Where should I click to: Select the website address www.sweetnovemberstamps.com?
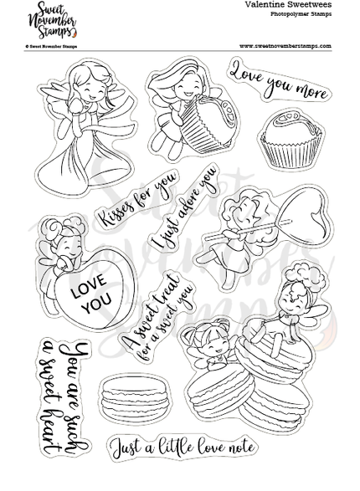(285, 46)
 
